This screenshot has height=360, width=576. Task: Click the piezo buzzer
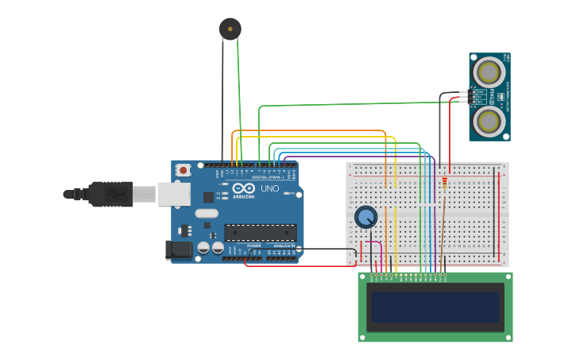tap(230, 29)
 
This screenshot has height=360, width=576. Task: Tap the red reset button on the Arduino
tap(184, 170)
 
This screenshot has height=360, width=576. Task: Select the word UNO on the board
tap(269, 189)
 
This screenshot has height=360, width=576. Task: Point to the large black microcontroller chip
tap(260, 233)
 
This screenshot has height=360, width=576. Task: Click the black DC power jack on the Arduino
tap(179, 250)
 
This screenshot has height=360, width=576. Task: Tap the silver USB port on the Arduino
tap(173, 194)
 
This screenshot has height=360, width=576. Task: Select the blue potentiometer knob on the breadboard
tap(365, 217)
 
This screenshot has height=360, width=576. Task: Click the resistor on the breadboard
tap(444, 182)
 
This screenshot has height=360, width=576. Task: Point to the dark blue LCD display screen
tap(435, 307)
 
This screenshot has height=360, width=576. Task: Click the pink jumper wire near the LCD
tap(373, 242)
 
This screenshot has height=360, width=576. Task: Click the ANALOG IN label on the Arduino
tap(284, 246)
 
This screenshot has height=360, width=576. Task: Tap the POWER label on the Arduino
tap(253, 246)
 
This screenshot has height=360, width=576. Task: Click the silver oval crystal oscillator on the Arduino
tap(207, 213)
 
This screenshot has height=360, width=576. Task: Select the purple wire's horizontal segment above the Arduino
tap(358, 157)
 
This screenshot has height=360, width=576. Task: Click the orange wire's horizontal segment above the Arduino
tap(310, 130)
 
